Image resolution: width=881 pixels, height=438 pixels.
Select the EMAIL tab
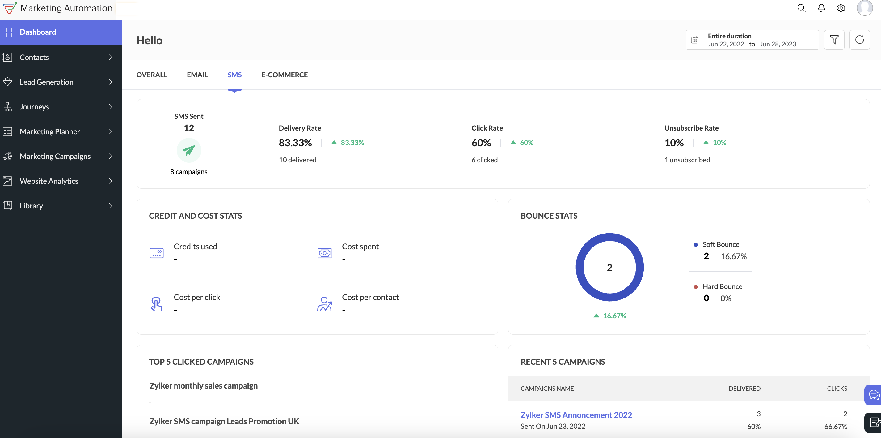point(197,75)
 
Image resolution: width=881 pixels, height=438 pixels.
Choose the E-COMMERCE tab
point(284,75)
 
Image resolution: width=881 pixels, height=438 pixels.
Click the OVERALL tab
point(151,75)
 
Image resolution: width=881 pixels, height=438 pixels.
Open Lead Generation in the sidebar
point(47,82)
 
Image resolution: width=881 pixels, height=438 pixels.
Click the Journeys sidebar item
point(35,106)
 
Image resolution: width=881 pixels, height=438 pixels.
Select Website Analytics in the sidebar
point(49,181)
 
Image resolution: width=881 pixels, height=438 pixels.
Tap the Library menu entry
point(32,205)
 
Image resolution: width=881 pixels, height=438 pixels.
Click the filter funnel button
point(834,40)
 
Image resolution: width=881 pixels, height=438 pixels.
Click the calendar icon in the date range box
point(694,40)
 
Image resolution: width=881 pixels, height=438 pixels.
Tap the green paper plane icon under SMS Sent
point(189,150)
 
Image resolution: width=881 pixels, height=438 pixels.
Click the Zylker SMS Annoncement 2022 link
point(576,415)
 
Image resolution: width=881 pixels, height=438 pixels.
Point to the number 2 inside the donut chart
point(609,268)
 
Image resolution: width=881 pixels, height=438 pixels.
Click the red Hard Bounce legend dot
point(695,287)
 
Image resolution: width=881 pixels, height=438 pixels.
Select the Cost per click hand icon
point(156,304)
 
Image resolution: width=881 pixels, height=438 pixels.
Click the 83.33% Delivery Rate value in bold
point(295,143)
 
